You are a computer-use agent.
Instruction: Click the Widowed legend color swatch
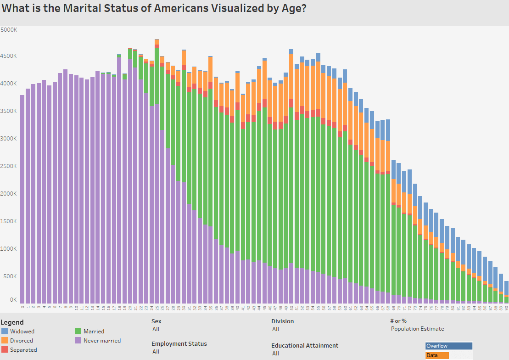(5, 331)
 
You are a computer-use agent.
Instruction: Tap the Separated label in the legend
(23, 350)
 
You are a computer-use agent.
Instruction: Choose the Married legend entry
(94, 331)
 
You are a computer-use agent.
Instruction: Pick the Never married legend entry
(102, 341)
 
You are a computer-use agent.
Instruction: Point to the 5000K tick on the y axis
(9, 29)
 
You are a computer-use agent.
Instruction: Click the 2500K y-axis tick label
(9, 166)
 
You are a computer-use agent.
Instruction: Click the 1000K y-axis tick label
(9, 249)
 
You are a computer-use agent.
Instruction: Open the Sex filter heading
(156, 321)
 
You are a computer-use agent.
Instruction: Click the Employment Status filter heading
(179, 343)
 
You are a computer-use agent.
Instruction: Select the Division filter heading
(282, 321)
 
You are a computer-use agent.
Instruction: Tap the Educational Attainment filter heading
(304, 345)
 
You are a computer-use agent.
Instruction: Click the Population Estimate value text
(417, 329)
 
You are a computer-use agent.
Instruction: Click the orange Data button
(436, 355)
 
